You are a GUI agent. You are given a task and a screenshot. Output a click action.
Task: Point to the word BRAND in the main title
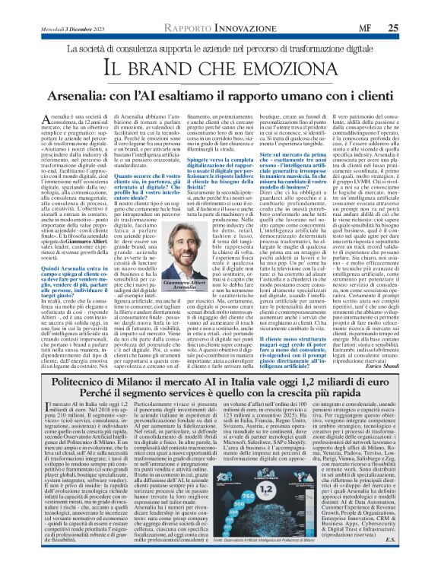click(x=182, y=68)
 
